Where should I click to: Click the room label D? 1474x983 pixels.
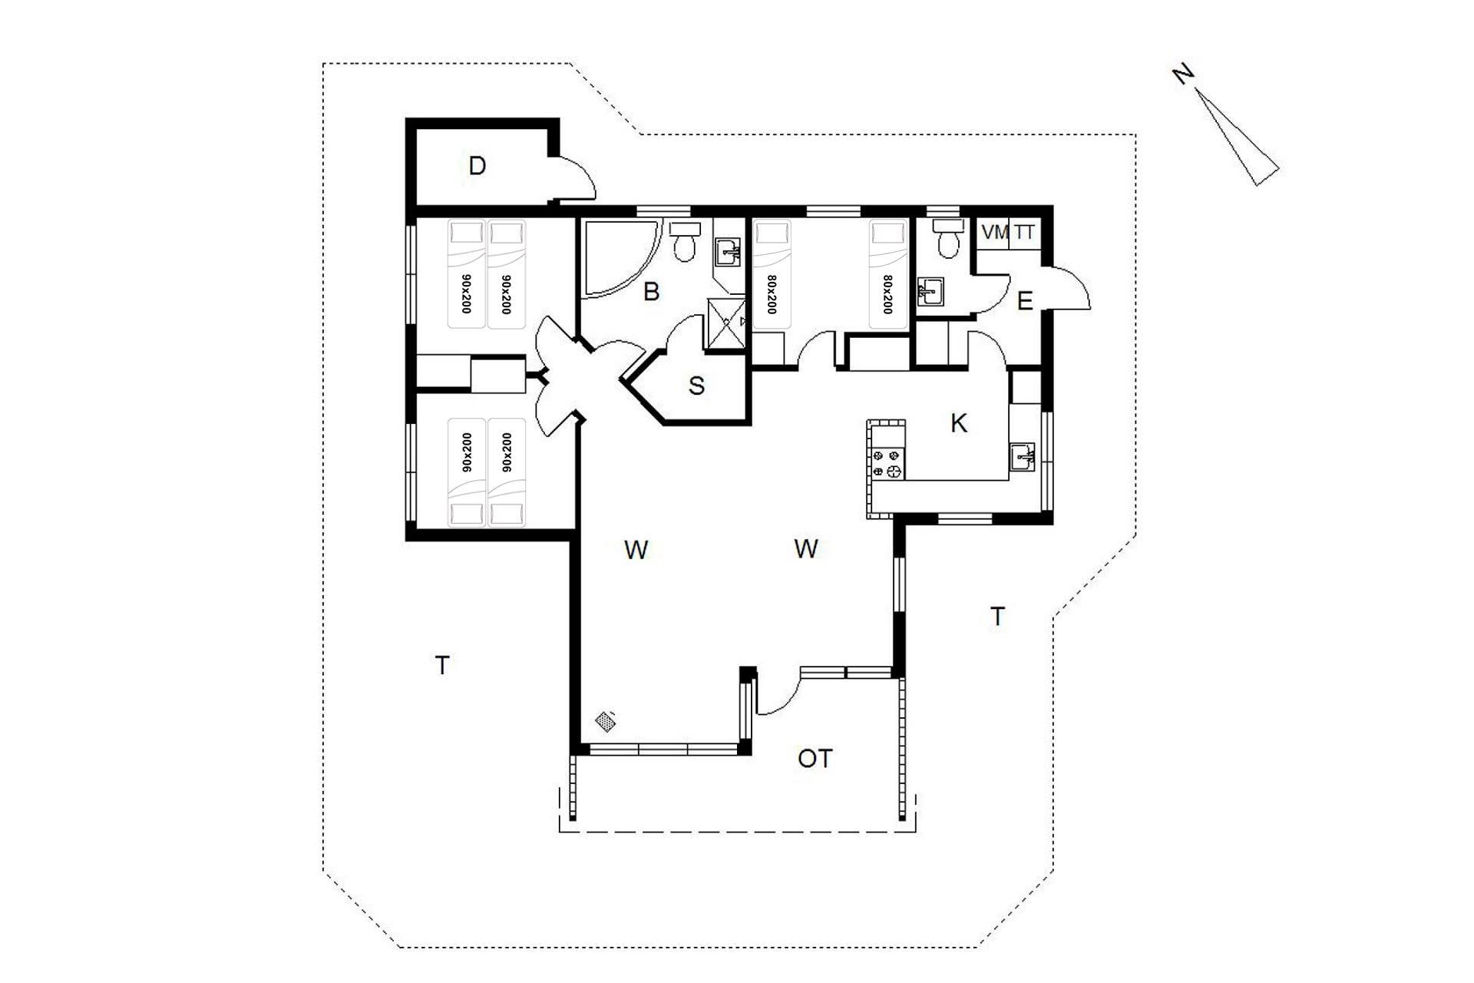(x=477, y=166)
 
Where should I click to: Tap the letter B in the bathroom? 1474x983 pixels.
(x=651, y=292)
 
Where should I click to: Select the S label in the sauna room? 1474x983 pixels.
(x=696, y=386)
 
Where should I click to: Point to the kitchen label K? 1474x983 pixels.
(x=959, y=423)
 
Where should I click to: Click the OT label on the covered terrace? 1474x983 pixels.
(x=815, y=759)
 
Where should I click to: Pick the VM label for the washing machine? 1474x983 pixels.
(x=996, y=232)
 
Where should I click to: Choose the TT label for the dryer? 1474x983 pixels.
(x=1024, y=232)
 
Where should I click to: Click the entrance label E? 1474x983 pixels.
(x=1024, y=302)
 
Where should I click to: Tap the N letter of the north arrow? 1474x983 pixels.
(x=1184, y=74)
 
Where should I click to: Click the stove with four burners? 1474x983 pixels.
(x=887, y=464)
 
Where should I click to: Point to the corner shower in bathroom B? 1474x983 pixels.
(x=621, y=258)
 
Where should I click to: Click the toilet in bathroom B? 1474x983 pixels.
(x=684, y=242)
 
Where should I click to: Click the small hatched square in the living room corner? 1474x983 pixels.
(x=606, y=721)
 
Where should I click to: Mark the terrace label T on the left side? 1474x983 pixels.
(x=441, y=665)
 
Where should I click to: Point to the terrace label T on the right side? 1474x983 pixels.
(x=997, y=616)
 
